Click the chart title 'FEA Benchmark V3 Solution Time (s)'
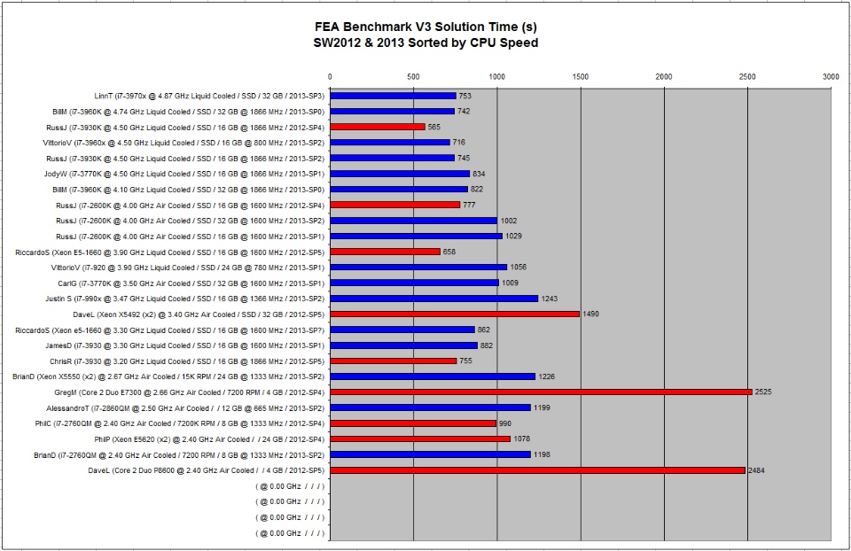coord(425,27)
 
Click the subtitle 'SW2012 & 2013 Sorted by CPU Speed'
coord(425,42)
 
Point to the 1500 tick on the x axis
coord(580,78)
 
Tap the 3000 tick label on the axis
coord(830,78)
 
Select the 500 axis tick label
coord(413,78)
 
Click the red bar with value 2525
coord(541,392)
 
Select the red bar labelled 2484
coord(537,470)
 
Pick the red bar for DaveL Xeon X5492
coord(455,314)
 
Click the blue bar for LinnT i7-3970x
coord(393,96)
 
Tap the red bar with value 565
coord(378,127)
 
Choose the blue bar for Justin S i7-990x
coord(433,299)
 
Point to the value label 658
coord(449,252)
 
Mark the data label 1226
coord(547,376)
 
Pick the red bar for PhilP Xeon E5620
coord(420,438)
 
